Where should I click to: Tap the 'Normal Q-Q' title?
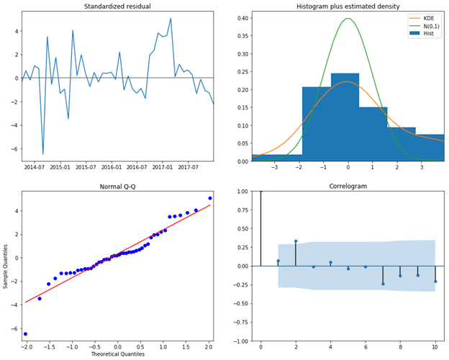[x=117, y=186]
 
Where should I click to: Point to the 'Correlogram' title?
[x=348, y=186]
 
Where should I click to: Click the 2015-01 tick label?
[x=60, y=168]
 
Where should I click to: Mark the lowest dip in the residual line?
[x=43, y=154]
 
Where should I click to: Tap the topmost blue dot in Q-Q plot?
[x=210, y=198]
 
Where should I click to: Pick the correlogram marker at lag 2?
[x=296, y=241]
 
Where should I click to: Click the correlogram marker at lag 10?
[x=435, y=282]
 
